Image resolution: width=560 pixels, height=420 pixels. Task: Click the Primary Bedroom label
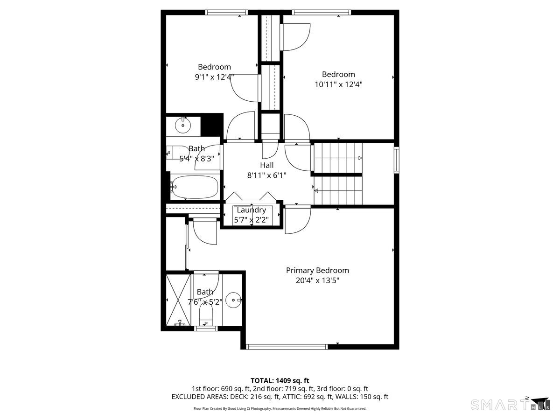pos(317,270)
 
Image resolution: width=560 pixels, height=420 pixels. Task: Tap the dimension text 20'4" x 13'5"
pos(317,280)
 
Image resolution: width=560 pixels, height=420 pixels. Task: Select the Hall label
pos(266,165)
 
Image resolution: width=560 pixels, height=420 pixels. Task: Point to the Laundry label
pos(251,210)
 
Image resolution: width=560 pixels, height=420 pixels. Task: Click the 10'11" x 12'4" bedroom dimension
pos(338,84)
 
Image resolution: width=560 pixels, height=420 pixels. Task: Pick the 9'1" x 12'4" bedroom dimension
pos(214,77)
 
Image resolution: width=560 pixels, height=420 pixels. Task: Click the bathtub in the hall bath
pos(195,187)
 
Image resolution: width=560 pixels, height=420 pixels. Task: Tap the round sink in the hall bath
pos(182,126)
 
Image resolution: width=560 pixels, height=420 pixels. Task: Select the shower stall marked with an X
pos(178,300)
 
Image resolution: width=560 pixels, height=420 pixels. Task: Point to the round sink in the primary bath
pos(233,300)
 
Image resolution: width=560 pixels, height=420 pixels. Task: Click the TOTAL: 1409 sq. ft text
pos(280,381)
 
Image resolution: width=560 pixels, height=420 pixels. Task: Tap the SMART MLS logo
pos(510,405)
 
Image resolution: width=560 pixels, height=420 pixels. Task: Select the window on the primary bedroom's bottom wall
pos(287,347)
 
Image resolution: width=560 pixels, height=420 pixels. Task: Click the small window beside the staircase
pos(396,160)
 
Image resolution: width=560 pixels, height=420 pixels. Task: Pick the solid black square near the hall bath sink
pos(212,125)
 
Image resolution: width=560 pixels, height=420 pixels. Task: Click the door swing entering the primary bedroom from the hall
pos(298,220)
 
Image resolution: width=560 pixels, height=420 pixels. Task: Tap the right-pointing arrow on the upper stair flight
pos(360,158)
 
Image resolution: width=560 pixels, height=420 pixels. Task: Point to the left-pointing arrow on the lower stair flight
pos(316,190)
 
